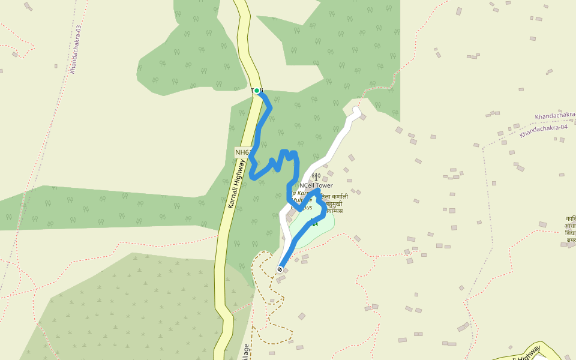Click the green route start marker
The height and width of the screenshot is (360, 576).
(257, 91)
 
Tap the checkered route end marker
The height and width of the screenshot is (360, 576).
(280, 269)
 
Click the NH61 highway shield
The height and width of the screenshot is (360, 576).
(242, 152)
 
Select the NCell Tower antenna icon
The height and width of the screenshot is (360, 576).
(316, 176)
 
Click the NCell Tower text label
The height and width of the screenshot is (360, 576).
(316, 186)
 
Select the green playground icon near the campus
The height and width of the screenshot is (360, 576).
(314, 223)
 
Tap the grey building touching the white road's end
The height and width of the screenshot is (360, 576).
(362, 117)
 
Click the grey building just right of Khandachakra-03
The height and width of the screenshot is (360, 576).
(56, 65)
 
